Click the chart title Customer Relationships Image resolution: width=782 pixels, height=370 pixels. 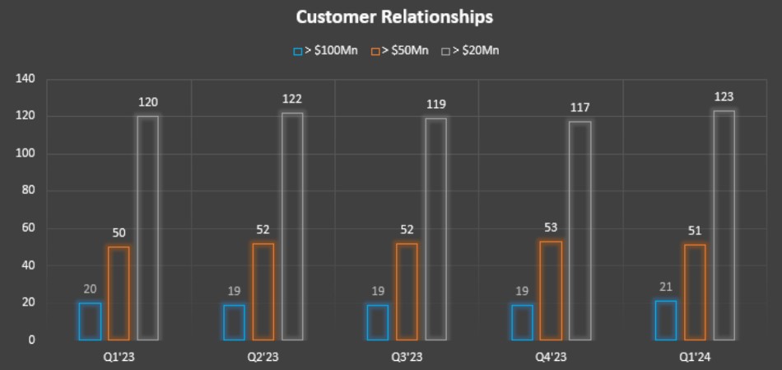[394, 16]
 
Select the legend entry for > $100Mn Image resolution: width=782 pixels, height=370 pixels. [326, 50]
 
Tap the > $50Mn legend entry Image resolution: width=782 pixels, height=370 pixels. [400, 50]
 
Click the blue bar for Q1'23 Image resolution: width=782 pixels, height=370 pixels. [90, 321]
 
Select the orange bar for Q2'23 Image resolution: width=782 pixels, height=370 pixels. [263, 291]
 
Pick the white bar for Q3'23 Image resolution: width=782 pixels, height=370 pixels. [436, 228]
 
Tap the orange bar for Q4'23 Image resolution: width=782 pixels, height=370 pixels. [551, 290]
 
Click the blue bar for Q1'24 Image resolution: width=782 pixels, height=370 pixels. [666, 320]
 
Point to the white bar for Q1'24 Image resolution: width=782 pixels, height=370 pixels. [724, 225]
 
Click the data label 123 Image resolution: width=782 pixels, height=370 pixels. [724, 96]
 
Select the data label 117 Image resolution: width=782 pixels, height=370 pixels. [580, 108]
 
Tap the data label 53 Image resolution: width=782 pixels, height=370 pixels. [551, 227]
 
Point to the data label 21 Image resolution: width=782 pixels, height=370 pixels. [666, 287]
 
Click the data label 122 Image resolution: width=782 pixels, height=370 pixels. [292, 99]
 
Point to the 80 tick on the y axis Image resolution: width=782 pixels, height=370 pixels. [28, 190]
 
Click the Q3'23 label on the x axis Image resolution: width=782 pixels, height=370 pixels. [407, 357]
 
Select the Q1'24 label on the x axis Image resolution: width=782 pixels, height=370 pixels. [695, 357]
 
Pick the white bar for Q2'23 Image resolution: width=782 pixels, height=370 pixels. [292, 226]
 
